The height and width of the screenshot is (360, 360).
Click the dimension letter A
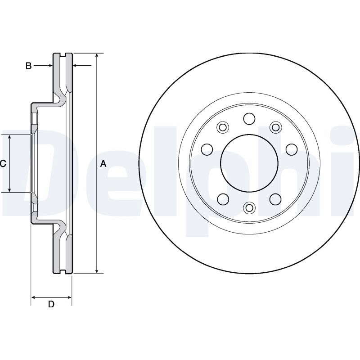coord(103,164)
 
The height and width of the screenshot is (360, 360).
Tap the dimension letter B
coord(28,66)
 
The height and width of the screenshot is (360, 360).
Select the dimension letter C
coord(3,164)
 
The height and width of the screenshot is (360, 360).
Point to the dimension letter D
coord(51,304)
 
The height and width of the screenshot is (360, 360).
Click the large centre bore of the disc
coord(249,163)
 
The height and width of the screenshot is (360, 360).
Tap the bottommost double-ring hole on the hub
coord(249,208)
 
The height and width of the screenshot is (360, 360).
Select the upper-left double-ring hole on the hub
coord(223,127)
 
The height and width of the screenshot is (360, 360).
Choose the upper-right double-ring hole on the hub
coord(275,127)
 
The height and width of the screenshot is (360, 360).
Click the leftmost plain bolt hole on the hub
coord(207,149)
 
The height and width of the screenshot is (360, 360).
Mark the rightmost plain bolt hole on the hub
coord(292,149)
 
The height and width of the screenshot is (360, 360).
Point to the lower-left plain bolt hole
coord(223,199)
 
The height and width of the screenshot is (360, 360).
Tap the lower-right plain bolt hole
coord(275,199)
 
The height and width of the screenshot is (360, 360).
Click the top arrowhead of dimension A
coord(97,55)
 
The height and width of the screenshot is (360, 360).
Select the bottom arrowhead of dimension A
coord(97,271)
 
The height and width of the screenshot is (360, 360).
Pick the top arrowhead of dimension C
coord(9,137)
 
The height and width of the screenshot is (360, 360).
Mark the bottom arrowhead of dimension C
coord(9,189)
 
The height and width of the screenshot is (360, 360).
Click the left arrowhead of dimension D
coord(33,297)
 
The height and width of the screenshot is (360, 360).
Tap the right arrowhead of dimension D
coord(69,297)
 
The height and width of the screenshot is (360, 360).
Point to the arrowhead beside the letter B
coord(50,66)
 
